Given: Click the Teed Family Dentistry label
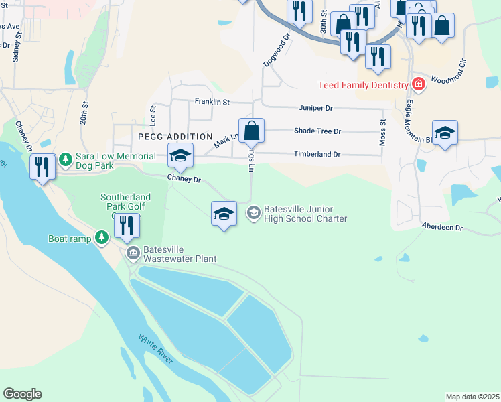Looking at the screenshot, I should (x=362, y=85).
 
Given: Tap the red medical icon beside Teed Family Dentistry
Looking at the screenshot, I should (x=419, y=84).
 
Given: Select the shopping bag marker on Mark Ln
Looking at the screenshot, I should (x=251, y=131).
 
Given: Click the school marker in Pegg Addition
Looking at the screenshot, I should (x=180, y=156).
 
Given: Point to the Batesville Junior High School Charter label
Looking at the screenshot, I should (x=305, y=214).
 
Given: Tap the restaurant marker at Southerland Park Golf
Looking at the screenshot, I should (x=126, y=227).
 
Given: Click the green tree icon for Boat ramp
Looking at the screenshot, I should (x=102, y=237).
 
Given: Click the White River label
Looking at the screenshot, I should (x=156, y=349).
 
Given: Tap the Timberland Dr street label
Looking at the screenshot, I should (x=317, y=155).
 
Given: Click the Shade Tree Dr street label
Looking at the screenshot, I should (x=317, y=131).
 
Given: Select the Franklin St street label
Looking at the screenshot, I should (x=212, y=102).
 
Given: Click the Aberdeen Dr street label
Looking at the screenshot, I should (x=442, y=228).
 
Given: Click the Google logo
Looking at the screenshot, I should (x=22, y=394).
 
